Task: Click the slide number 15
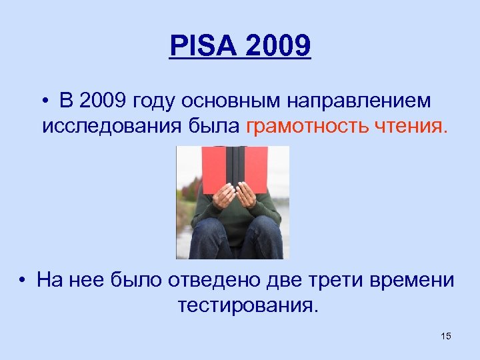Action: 446,336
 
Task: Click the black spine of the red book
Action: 234,167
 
